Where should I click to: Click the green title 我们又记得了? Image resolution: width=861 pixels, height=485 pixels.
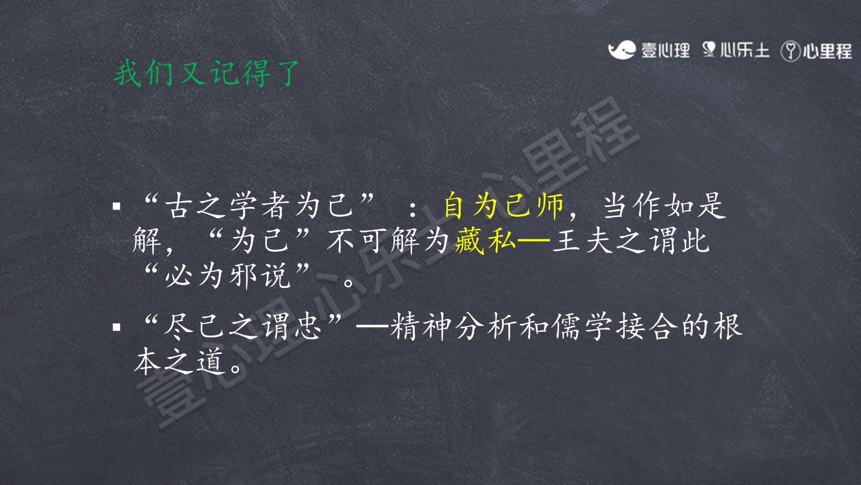pyautogui.click(x=207, y=73)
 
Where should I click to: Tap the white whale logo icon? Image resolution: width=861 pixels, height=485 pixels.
pyautogui.click(x=621, y=50)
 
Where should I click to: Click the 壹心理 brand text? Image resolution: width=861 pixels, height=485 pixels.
pyautogui.click(x=665, y=51)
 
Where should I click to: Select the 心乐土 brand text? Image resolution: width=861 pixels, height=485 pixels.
pyautogui.click(x=745, y=51)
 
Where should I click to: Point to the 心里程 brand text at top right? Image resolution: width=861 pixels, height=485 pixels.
pyautogui.click(x=827, y=51)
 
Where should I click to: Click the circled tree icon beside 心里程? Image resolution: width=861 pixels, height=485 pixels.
pyautogui.click(x=791, y=51)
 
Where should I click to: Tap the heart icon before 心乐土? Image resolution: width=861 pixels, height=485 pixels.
pyautogui.click(x=709, y=50)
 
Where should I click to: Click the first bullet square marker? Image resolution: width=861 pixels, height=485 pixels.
pyautogui.click(x=116, y=207)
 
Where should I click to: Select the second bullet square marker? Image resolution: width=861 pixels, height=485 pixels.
pyautogui.click(x=116, y=328)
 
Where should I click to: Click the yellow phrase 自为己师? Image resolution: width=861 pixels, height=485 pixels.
pyautogui.click(x=504, y=205)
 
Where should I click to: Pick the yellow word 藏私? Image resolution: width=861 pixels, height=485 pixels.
pyautogui.click(x=485, y=241)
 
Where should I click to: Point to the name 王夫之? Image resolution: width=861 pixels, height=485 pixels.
pyautogui.click(x=598, y=241)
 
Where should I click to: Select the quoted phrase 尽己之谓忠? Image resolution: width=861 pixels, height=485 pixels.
pyautogui.click(x=242, y=327)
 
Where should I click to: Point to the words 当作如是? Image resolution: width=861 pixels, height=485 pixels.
pyautogui.click(x=664, y=205)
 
